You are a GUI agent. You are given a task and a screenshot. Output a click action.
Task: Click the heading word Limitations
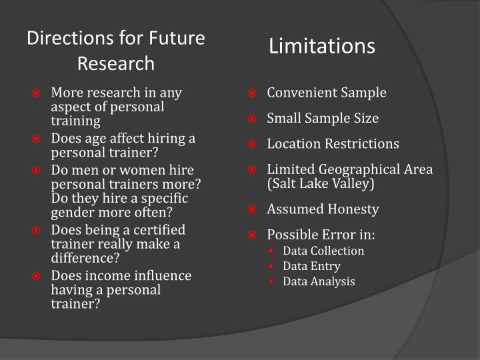322,46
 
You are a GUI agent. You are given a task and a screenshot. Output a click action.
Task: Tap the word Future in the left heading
177,38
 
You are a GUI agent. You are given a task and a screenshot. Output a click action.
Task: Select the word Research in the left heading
116,64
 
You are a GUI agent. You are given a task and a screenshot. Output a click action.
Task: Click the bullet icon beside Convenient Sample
251,93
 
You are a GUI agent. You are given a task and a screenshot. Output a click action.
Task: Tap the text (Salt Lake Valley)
321,184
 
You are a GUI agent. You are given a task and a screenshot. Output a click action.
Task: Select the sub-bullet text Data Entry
311,266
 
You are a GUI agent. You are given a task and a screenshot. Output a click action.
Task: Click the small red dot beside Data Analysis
271,281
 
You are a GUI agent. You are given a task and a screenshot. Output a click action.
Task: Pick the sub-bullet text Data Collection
323,251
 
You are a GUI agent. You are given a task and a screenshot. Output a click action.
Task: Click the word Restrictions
362,143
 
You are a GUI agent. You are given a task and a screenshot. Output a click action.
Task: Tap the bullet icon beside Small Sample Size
251,118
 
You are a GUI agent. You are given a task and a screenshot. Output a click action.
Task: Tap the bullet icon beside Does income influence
36,276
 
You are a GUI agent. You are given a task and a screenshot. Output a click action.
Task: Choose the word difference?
85,258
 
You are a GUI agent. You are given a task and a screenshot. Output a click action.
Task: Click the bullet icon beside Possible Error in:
251,235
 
